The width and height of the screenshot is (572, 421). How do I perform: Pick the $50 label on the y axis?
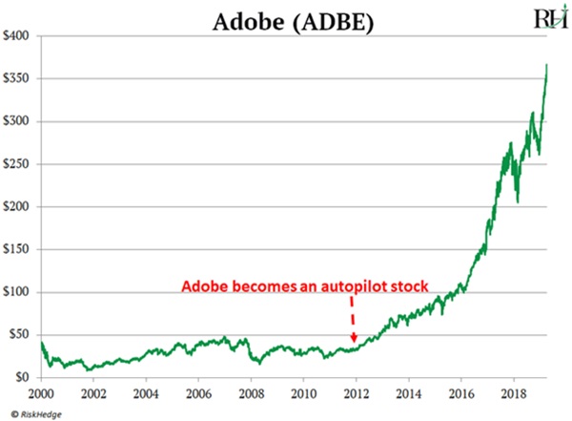(20, 335)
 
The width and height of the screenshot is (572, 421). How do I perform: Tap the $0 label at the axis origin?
(23, 378)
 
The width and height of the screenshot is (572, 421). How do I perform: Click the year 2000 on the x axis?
(40, 392)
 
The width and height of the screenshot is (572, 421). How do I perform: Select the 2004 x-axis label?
(145, 392)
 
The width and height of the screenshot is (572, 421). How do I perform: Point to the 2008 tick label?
(250, 392)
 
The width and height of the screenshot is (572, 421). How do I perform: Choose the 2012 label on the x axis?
(356, 392)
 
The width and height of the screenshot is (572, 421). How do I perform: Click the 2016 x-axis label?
(460, 392)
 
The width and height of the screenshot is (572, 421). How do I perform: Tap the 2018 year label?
(513, 392)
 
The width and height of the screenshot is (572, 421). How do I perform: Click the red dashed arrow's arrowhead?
(354, 338)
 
